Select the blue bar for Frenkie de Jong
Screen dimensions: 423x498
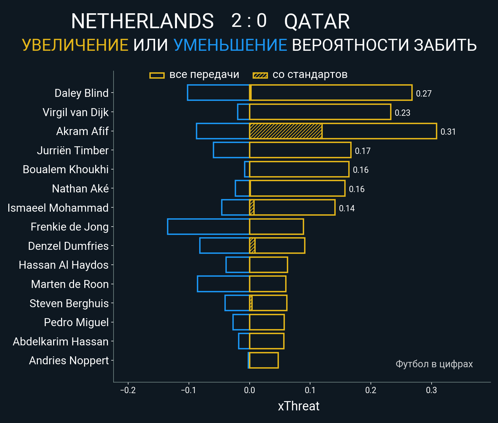tap(208, 227)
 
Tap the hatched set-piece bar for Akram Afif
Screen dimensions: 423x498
tap(286, 131)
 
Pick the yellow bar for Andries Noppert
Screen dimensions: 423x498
tap(264, 360)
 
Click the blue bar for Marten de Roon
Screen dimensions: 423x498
tap(223, 284)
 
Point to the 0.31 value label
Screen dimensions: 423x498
tap(448, 132)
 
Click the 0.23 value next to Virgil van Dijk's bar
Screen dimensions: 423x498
tap(402, 113)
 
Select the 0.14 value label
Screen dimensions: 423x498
tap(347, 208)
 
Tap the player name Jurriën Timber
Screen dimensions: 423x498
tap(73, 151)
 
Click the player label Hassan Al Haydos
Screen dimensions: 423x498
tap(64, 265)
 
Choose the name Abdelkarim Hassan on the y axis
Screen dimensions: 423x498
tap(61, 342)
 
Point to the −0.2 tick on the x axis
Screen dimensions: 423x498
tap(128, 390)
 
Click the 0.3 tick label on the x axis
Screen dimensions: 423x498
tap(431, 390)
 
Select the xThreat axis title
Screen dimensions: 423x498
tap(298, 406)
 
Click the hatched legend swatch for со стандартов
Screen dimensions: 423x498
tap(260, 75)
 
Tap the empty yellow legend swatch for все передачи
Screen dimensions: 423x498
tap(157, 75)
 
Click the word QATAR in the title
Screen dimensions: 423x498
tap(317, 22)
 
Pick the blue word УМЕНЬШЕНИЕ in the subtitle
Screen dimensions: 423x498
tap(230, 45)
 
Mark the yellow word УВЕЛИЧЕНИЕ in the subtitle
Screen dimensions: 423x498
tap(75, 45)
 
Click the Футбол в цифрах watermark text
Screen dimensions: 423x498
tap(434, 364)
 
